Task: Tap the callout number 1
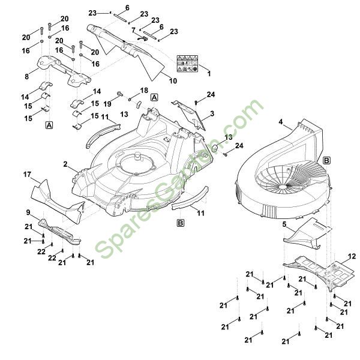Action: [x=209, y=73]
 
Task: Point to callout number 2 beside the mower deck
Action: [x=65, y=164]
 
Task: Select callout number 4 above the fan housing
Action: [x=280, y=122]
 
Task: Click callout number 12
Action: [x=352, y=256]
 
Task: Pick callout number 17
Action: [x=27, y=175]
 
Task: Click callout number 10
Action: [x=174, y=80]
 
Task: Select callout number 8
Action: [x=26, y=76]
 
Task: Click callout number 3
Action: [x=212, y=113]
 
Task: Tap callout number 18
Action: [x=144, y=90]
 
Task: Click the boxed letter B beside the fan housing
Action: [x=326, y=160]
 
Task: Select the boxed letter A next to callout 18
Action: [x=154, y=97]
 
